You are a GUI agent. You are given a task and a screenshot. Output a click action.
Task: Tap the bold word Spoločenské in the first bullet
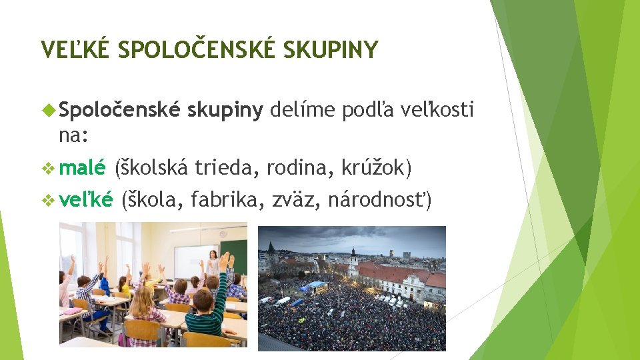119,110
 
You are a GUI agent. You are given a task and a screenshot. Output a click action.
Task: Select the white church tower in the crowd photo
353,261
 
